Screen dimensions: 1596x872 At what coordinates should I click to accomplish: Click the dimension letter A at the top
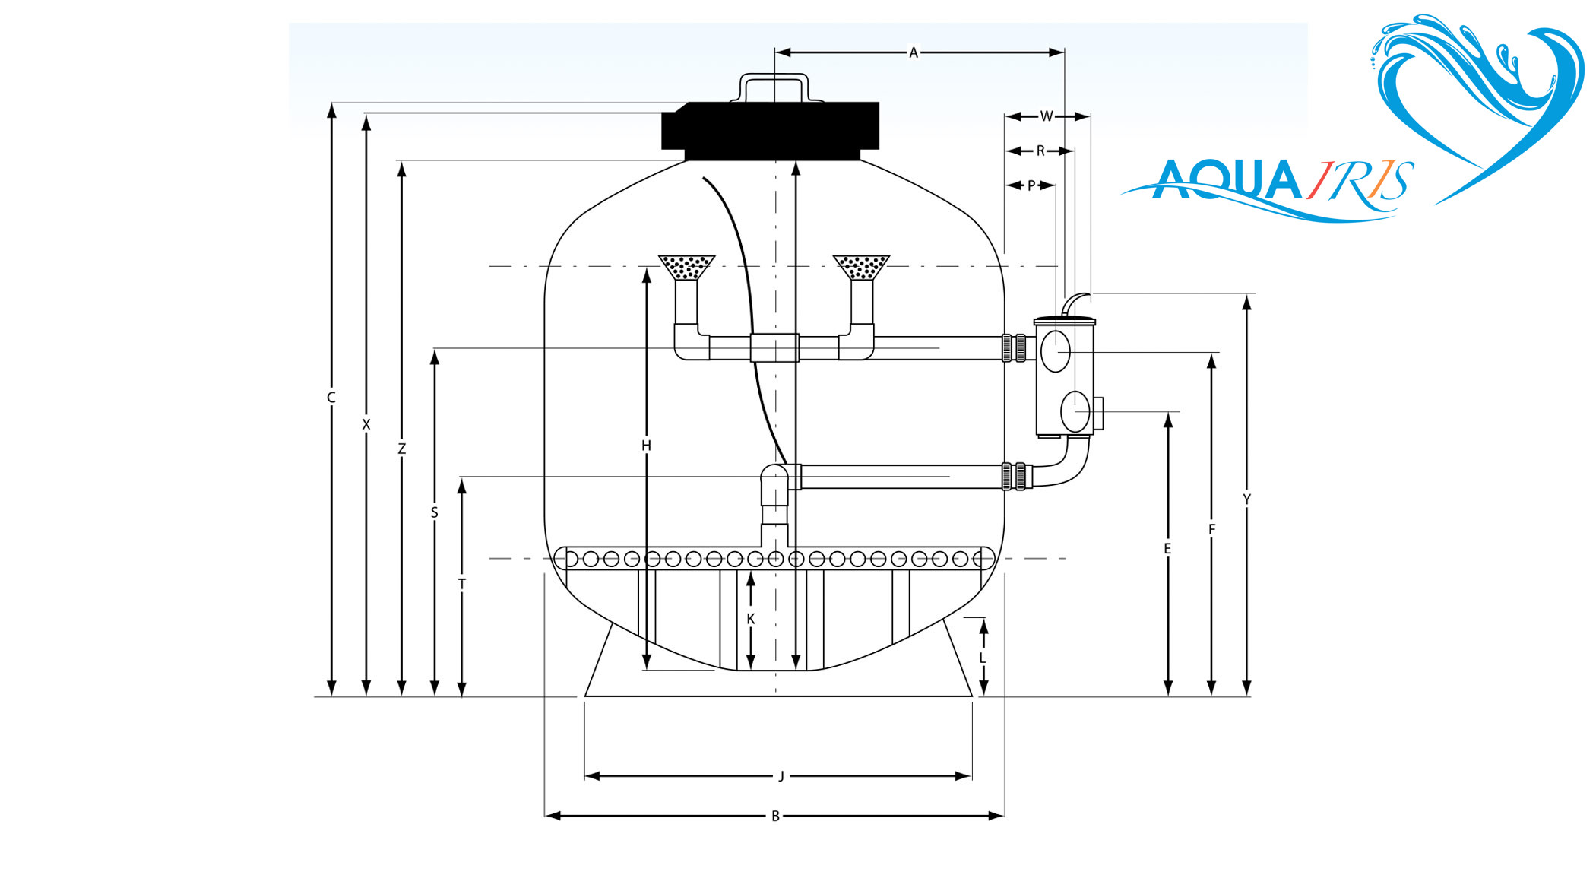[x=914, y=52]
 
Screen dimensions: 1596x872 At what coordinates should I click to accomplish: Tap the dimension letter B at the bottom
[x=775, y=816]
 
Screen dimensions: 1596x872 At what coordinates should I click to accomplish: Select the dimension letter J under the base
[x=781, y=776]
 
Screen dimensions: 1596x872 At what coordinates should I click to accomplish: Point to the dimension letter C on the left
[x=331, y=398]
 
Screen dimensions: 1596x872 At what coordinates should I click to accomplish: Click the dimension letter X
[x=366, y=424]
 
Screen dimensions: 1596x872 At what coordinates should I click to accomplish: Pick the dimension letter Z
[x=401, y=449]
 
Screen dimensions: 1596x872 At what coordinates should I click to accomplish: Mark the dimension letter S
[x=435, y=513]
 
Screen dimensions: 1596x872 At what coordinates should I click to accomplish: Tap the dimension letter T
[x=461, y=584]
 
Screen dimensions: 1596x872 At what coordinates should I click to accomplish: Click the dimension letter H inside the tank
[x=646, y=446]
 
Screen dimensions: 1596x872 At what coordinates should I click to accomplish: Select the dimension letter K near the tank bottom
[x=751, y=620]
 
